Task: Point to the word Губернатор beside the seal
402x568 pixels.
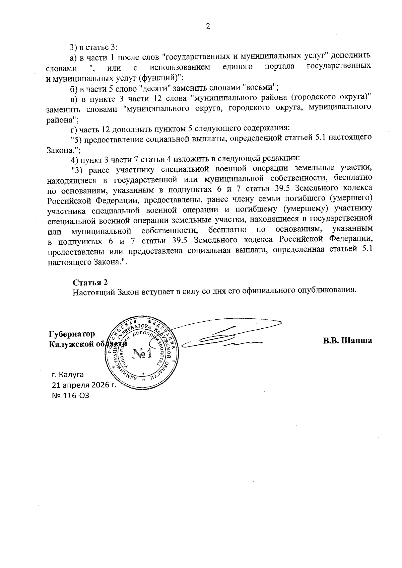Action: tap(71, 334)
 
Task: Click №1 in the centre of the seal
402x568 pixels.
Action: tap(142, 354)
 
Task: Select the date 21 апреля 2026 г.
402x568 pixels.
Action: tap(83, 385)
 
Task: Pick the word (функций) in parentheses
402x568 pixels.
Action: tap(164, 78)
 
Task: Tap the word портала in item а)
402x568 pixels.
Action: tap(279, 67)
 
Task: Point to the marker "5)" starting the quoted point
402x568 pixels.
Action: tap(77, 138)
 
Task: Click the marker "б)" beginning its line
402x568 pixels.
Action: tap(74, 88)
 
